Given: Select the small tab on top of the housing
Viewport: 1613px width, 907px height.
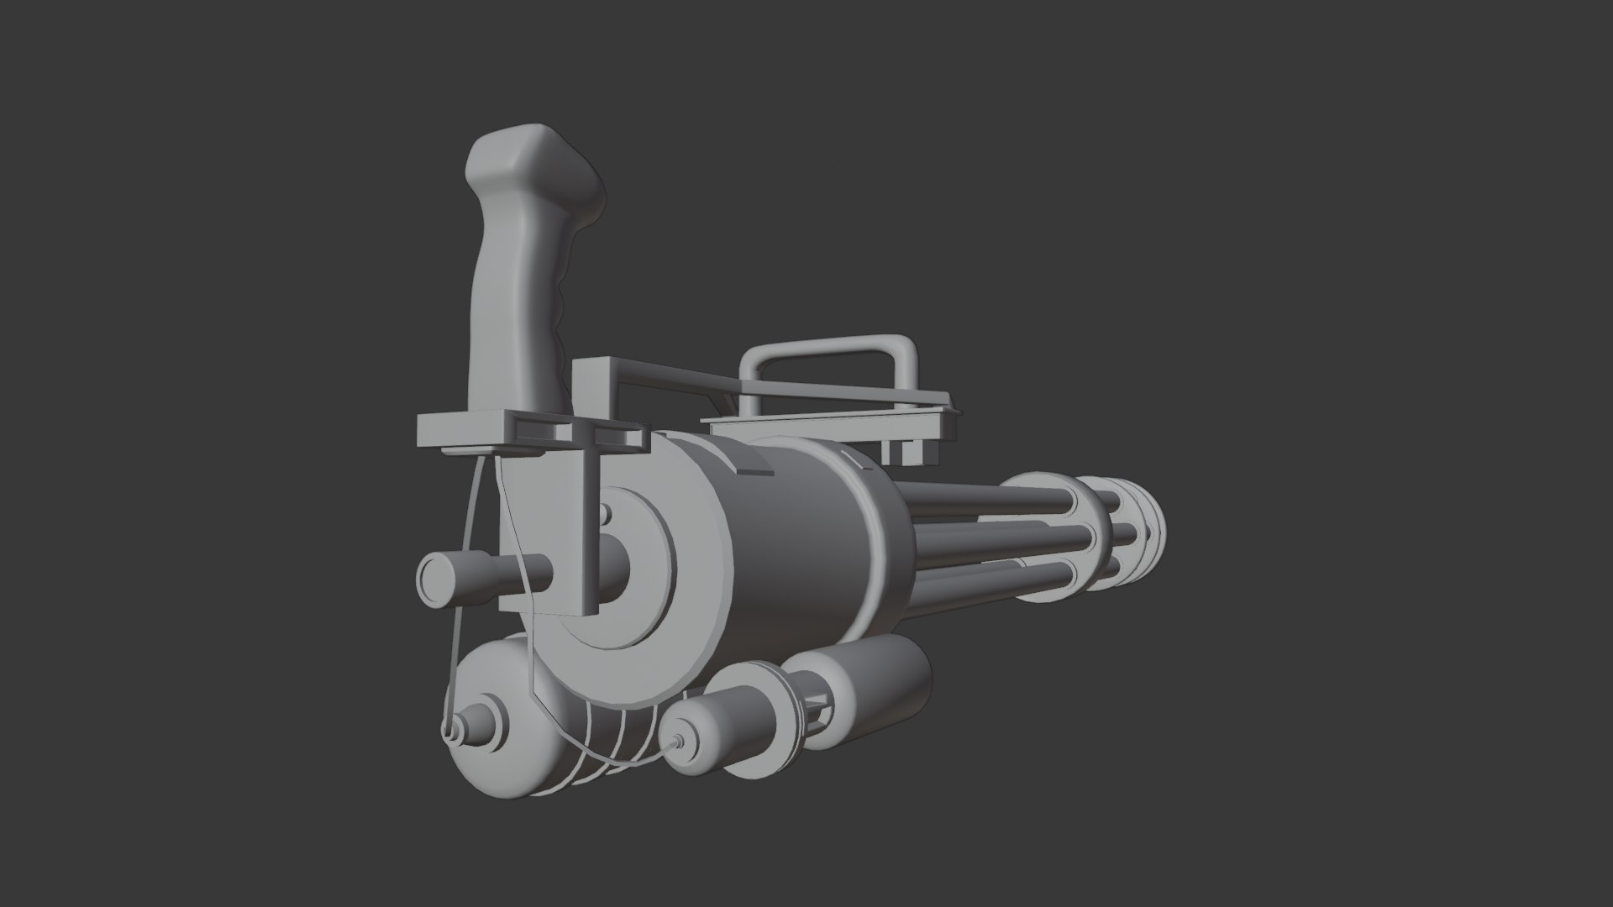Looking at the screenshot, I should pos(753,460).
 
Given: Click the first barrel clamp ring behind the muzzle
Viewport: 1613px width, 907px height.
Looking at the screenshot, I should pos(1096,529).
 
